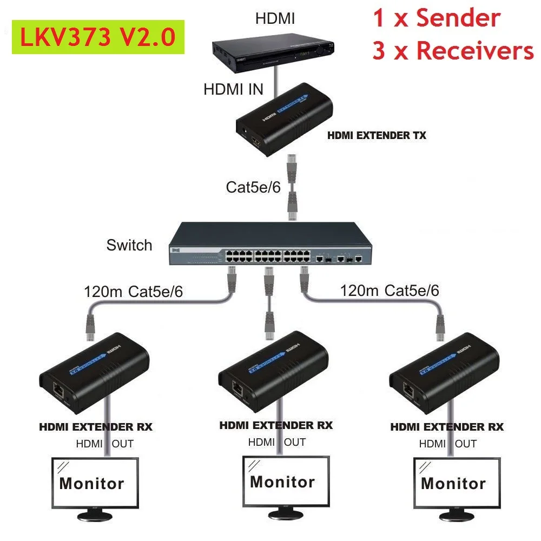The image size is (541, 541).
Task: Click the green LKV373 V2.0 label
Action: point(97,37)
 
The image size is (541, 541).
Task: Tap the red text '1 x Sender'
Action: point(436,18)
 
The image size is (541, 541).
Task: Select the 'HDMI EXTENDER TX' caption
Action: point(377,136)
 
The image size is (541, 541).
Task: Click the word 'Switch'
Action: point(129,245)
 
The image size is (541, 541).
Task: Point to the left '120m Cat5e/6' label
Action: point(133,292)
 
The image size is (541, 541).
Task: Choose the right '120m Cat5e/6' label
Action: point(390,291)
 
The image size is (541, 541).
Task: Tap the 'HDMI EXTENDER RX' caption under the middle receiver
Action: point(276,425)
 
